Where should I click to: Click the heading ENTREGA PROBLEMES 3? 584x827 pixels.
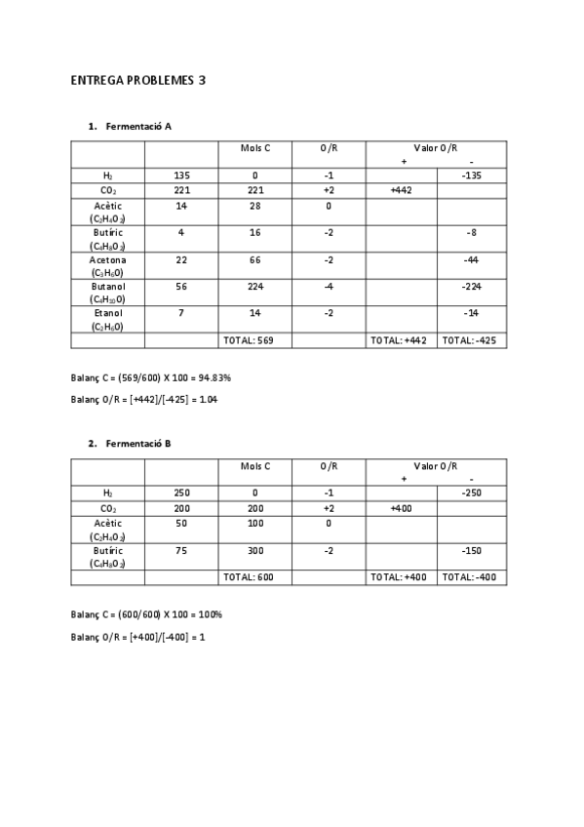(x=137, y=80)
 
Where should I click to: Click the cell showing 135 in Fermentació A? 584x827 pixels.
(x=181, y=176)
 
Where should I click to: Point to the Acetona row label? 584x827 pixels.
(x=107, y=266)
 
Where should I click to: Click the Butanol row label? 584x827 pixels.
(x=107, y=294)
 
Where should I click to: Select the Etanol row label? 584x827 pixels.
(x=107, y=321)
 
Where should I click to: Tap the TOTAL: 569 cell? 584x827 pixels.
(x=254, y=340)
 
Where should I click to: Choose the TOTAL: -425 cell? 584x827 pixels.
(x=472, y=340)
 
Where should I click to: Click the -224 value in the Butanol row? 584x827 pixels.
(x=472, y=288)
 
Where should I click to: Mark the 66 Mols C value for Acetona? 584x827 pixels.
(x=254, y=260)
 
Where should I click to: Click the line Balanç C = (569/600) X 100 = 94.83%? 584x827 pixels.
(x=149, y=377)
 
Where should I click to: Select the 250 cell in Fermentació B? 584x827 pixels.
(x=181, y=493)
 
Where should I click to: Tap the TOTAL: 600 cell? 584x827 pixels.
(x=254, y=577)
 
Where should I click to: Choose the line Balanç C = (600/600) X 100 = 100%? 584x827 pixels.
(x=146, y=615)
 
